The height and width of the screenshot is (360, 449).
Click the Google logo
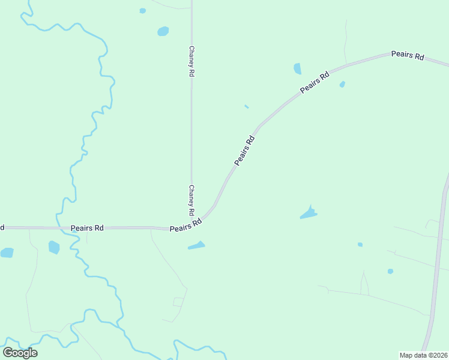coord(20,353)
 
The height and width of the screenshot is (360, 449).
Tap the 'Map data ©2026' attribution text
coord(423,355)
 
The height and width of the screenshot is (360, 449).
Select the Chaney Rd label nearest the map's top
coord(191,61)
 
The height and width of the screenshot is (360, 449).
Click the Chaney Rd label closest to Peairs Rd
coord(191,200)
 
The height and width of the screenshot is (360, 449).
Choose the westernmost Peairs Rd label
coord(87,228)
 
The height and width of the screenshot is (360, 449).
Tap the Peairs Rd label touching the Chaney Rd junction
coord(185,226)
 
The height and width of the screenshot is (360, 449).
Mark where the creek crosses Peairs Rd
coord(62,228)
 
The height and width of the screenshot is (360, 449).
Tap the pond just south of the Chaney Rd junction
coord(196,245)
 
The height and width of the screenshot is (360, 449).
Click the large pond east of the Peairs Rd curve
coord(308,213)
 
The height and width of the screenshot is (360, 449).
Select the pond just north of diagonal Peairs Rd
coord(297,68)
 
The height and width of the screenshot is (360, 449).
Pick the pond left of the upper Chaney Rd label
coord(163,31)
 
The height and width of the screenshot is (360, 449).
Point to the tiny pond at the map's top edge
coord(142,10)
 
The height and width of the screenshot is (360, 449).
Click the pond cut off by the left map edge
coord(6,253)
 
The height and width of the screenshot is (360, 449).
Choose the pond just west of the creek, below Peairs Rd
coord(54,247)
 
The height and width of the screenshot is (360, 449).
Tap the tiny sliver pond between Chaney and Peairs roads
coord(247,107)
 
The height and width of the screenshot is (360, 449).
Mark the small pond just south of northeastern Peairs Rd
coord(342,85)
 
